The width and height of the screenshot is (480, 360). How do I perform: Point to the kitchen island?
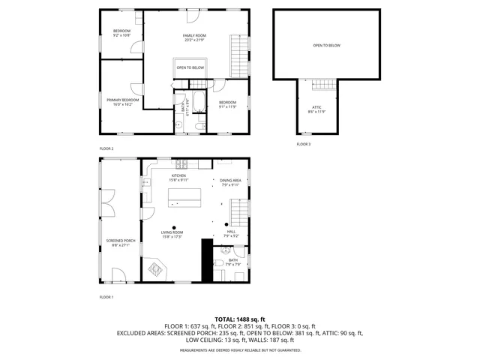pos(184,196)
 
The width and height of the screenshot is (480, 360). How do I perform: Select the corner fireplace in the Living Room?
pos(156,268)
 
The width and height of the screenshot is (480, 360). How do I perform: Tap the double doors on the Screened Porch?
pos(110,202)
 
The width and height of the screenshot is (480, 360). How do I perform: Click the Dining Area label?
pos(230,181)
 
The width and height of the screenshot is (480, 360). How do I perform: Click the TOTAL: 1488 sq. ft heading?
pos(239,319)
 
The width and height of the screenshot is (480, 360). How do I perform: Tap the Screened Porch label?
pos(118,241)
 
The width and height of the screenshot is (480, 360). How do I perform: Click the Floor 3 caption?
pos(303,143)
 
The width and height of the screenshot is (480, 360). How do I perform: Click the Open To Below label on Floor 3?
pos(326,46)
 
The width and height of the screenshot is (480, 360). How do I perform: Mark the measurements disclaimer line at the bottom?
pos(239,350)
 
